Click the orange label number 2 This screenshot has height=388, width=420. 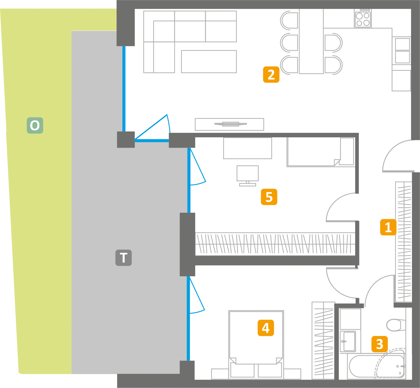pyautogui.click(x=271, y=75)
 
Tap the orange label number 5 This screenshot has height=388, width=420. pyautogui.click(x=269, y=197)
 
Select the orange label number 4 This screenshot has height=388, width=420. pyautogui.click(x=266, y=328)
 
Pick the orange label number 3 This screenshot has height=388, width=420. pyautogui.click(x=380, y=344)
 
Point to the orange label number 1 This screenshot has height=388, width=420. pyautogui.click(x=388, y=227)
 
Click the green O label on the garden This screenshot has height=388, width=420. pyautogui.click(x=35, y=125)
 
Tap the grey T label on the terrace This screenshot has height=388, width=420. pyautogui.click(x=124, y=258)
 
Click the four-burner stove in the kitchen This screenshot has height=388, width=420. pyautogui.click(x=363, y=18)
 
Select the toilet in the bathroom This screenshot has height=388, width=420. pyautogui.click(x=395, y=325)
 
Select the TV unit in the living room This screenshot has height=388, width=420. pyautogui.click(x=229, y=124)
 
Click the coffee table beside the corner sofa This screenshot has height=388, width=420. pyautogui.click(x=209, y=62)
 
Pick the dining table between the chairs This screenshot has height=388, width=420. pyautogui.click(x=311, y=41)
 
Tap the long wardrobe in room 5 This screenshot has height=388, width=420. pyautogui.click(x=275, y=244)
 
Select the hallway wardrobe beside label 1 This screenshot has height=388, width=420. pyautogui.click(x=404, y=242)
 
